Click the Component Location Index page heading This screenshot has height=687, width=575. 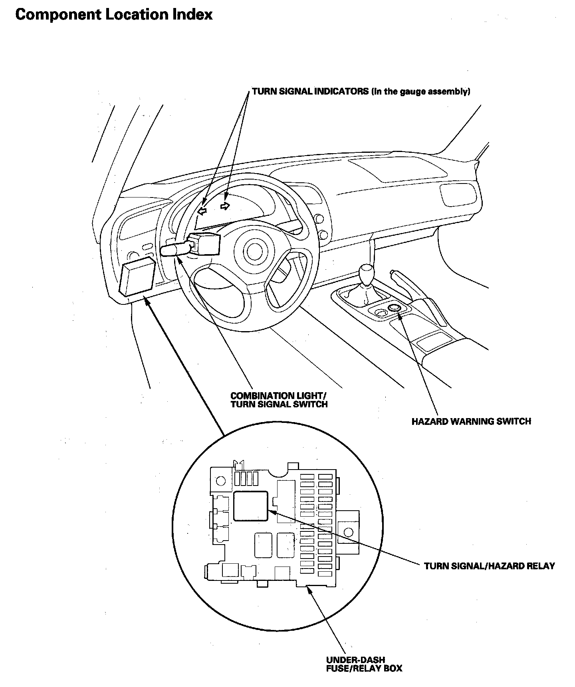coord(114,14)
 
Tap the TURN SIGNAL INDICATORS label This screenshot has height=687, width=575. coord(310,91)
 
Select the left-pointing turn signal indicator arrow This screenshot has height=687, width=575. coord(203,211)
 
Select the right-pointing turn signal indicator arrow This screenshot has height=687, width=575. coord(226,206)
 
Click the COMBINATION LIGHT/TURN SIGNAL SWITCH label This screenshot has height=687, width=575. coord(279,400)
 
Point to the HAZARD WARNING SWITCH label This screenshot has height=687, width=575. coord(471,421)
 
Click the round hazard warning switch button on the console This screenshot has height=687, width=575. coord(394,308)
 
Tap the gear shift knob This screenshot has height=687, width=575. coord(367,272)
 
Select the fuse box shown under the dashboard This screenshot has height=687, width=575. coord(137,276)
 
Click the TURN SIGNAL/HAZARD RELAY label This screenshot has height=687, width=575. coord(489,566)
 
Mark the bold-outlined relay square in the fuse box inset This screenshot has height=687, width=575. coord(250,505)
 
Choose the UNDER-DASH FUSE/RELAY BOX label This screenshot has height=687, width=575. coord(364,664)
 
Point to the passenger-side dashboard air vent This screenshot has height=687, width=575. coord(458,194)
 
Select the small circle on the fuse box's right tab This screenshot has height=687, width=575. coord(348,531)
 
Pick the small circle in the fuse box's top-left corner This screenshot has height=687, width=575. coord(220,481)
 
